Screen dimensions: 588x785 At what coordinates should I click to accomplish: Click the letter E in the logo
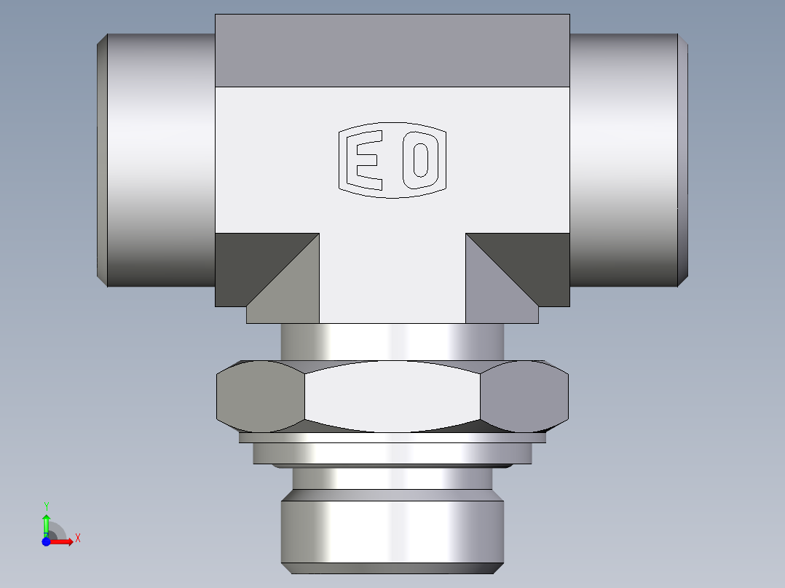click(x=366, y=160)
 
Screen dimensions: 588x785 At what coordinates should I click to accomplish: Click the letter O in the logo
click(x=420, y=160)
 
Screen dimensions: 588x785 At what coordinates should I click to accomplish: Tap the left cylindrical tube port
click(x=160, y=160)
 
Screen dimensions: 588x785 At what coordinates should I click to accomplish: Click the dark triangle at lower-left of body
click(x=248, y=262)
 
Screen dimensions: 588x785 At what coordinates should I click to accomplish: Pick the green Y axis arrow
click(x=46, y=523)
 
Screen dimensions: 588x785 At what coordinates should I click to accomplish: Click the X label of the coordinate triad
click(x=77, y=539)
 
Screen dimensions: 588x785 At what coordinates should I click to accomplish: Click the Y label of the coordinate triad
click(x=46, y=506)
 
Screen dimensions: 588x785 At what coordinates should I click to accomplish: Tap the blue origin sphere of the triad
click(x=46, y=541)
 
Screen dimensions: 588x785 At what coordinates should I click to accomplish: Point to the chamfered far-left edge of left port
click(x=103, y=160)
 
